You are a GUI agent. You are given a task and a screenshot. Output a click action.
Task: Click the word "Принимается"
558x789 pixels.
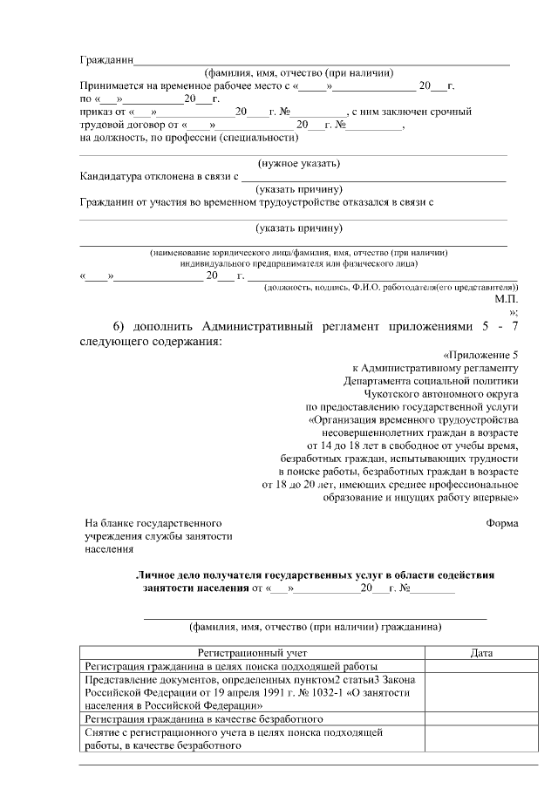(112, 87)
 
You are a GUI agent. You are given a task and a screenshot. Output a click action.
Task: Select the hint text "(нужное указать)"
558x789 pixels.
(298, 164)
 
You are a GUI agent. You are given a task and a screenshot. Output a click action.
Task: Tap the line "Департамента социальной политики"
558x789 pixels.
(431, 380)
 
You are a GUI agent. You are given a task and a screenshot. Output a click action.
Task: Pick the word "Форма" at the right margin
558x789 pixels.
(501, 523)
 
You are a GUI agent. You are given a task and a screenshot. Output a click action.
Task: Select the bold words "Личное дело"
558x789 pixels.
(171, 575)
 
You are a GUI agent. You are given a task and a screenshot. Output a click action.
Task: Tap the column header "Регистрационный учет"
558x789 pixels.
(252, 652)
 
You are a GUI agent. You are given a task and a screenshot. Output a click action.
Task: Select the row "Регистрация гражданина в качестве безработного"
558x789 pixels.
(204, 719)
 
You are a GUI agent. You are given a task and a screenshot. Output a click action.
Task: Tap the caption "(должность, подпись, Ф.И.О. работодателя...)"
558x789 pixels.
(384, 286)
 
